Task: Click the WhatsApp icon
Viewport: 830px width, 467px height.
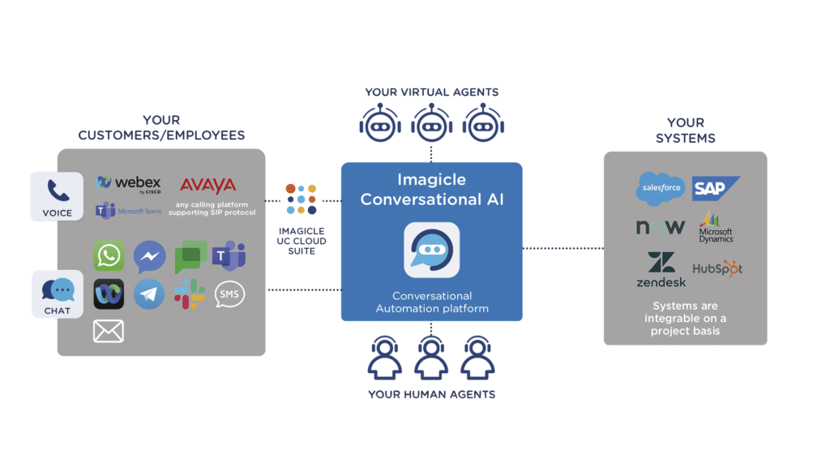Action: [x=108, y=255]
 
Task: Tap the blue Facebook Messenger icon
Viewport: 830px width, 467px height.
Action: [x=149, y=255]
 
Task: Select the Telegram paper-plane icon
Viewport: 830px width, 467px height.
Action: [x=149, y=293]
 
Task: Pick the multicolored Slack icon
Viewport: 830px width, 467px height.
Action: [x=190, y=293]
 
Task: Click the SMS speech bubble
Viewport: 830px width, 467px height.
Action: [x=229, y=293]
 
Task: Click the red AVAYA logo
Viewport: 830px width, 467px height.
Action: [x=207, y=185]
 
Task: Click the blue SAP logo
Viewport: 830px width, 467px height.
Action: [x=715, y=189]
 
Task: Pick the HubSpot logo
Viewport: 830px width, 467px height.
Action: [x=717, y=268]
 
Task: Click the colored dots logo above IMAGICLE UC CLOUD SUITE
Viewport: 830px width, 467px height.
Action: [x=301, y=199]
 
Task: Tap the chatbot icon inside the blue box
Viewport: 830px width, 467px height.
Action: [x=431, y=251]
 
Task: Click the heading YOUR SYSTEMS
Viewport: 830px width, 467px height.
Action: [x=686, y=131]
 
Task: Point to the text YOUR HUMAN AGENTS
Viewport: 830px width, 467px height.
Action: [x=431, y=395]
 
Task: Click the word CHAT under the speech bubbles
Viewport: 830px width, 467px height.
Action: [x=58, y=311]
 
